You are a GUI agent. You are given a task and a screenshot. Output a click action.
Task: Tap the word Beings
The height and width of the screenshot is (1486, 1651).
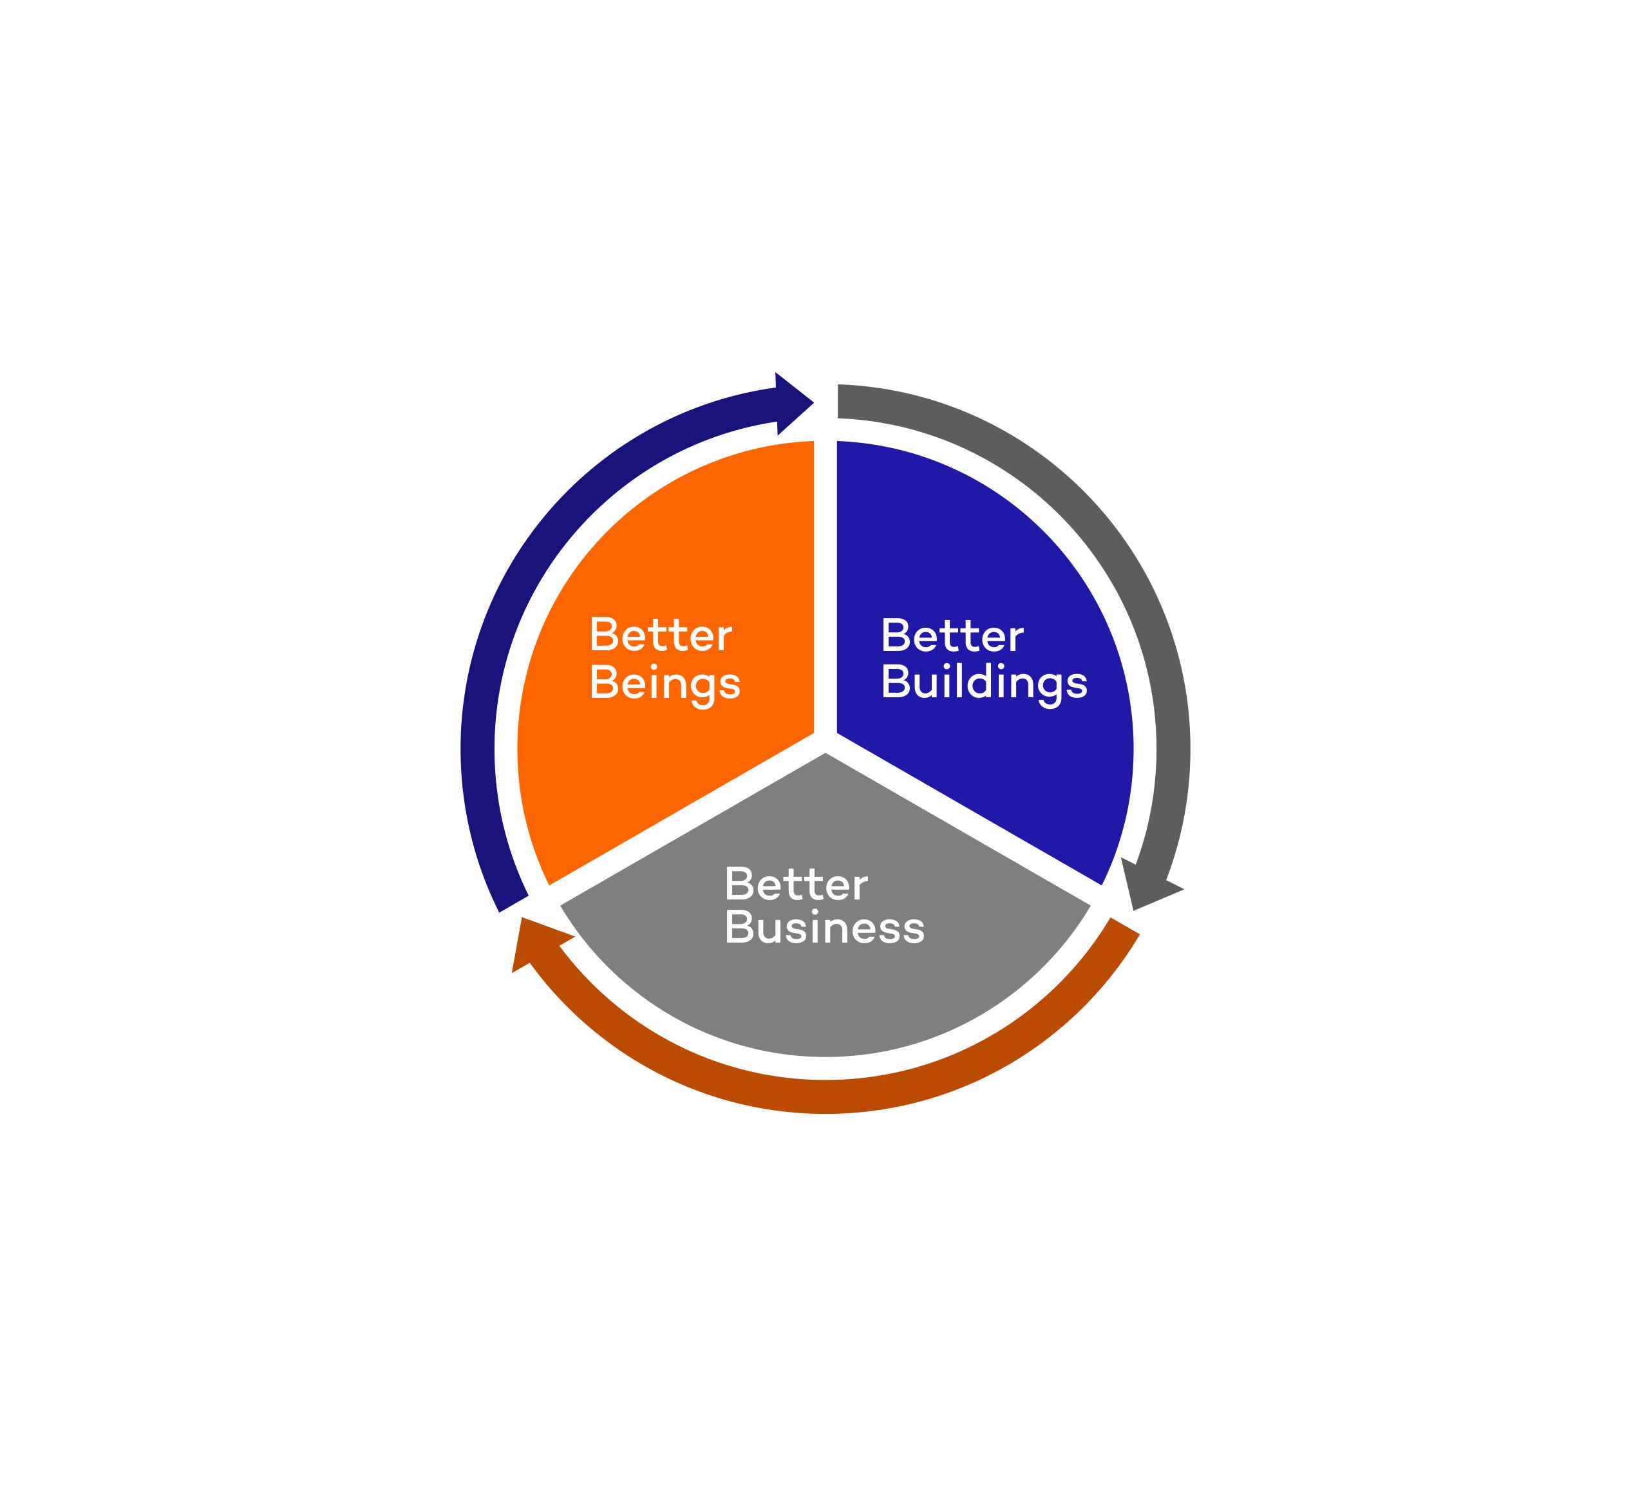(665, 683)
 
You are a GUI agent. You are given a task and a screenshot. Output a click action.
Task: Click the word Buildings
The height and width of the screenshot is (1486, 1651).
(984, 682)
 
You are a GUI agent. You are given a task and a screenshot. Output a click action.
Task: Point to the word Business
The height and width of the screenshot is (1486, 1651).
(825, 928)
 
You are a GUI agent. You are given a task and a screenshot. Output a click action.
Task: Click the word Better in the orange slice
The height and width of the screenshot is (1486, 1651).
(661, 635)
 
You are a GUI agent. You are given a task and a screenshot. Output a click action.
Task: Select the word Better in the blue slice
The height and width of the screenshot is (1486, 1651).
(952, 635)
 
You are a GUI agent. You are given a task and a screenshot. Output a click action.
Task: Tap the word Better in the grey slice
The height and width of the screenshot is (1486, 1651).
(796, 884)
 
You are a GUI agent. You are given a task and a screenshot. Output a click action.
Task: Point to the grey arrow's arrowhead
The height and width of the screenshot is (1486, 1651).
(1149, 886)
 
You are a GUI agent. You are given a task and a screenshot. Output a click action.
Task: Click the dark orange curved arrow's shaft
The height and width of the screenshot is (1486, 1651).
(825, 1096)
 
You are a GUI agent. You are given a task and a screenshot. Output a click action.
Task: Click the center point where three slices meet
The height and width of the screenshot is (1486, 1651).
(825, 742)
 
